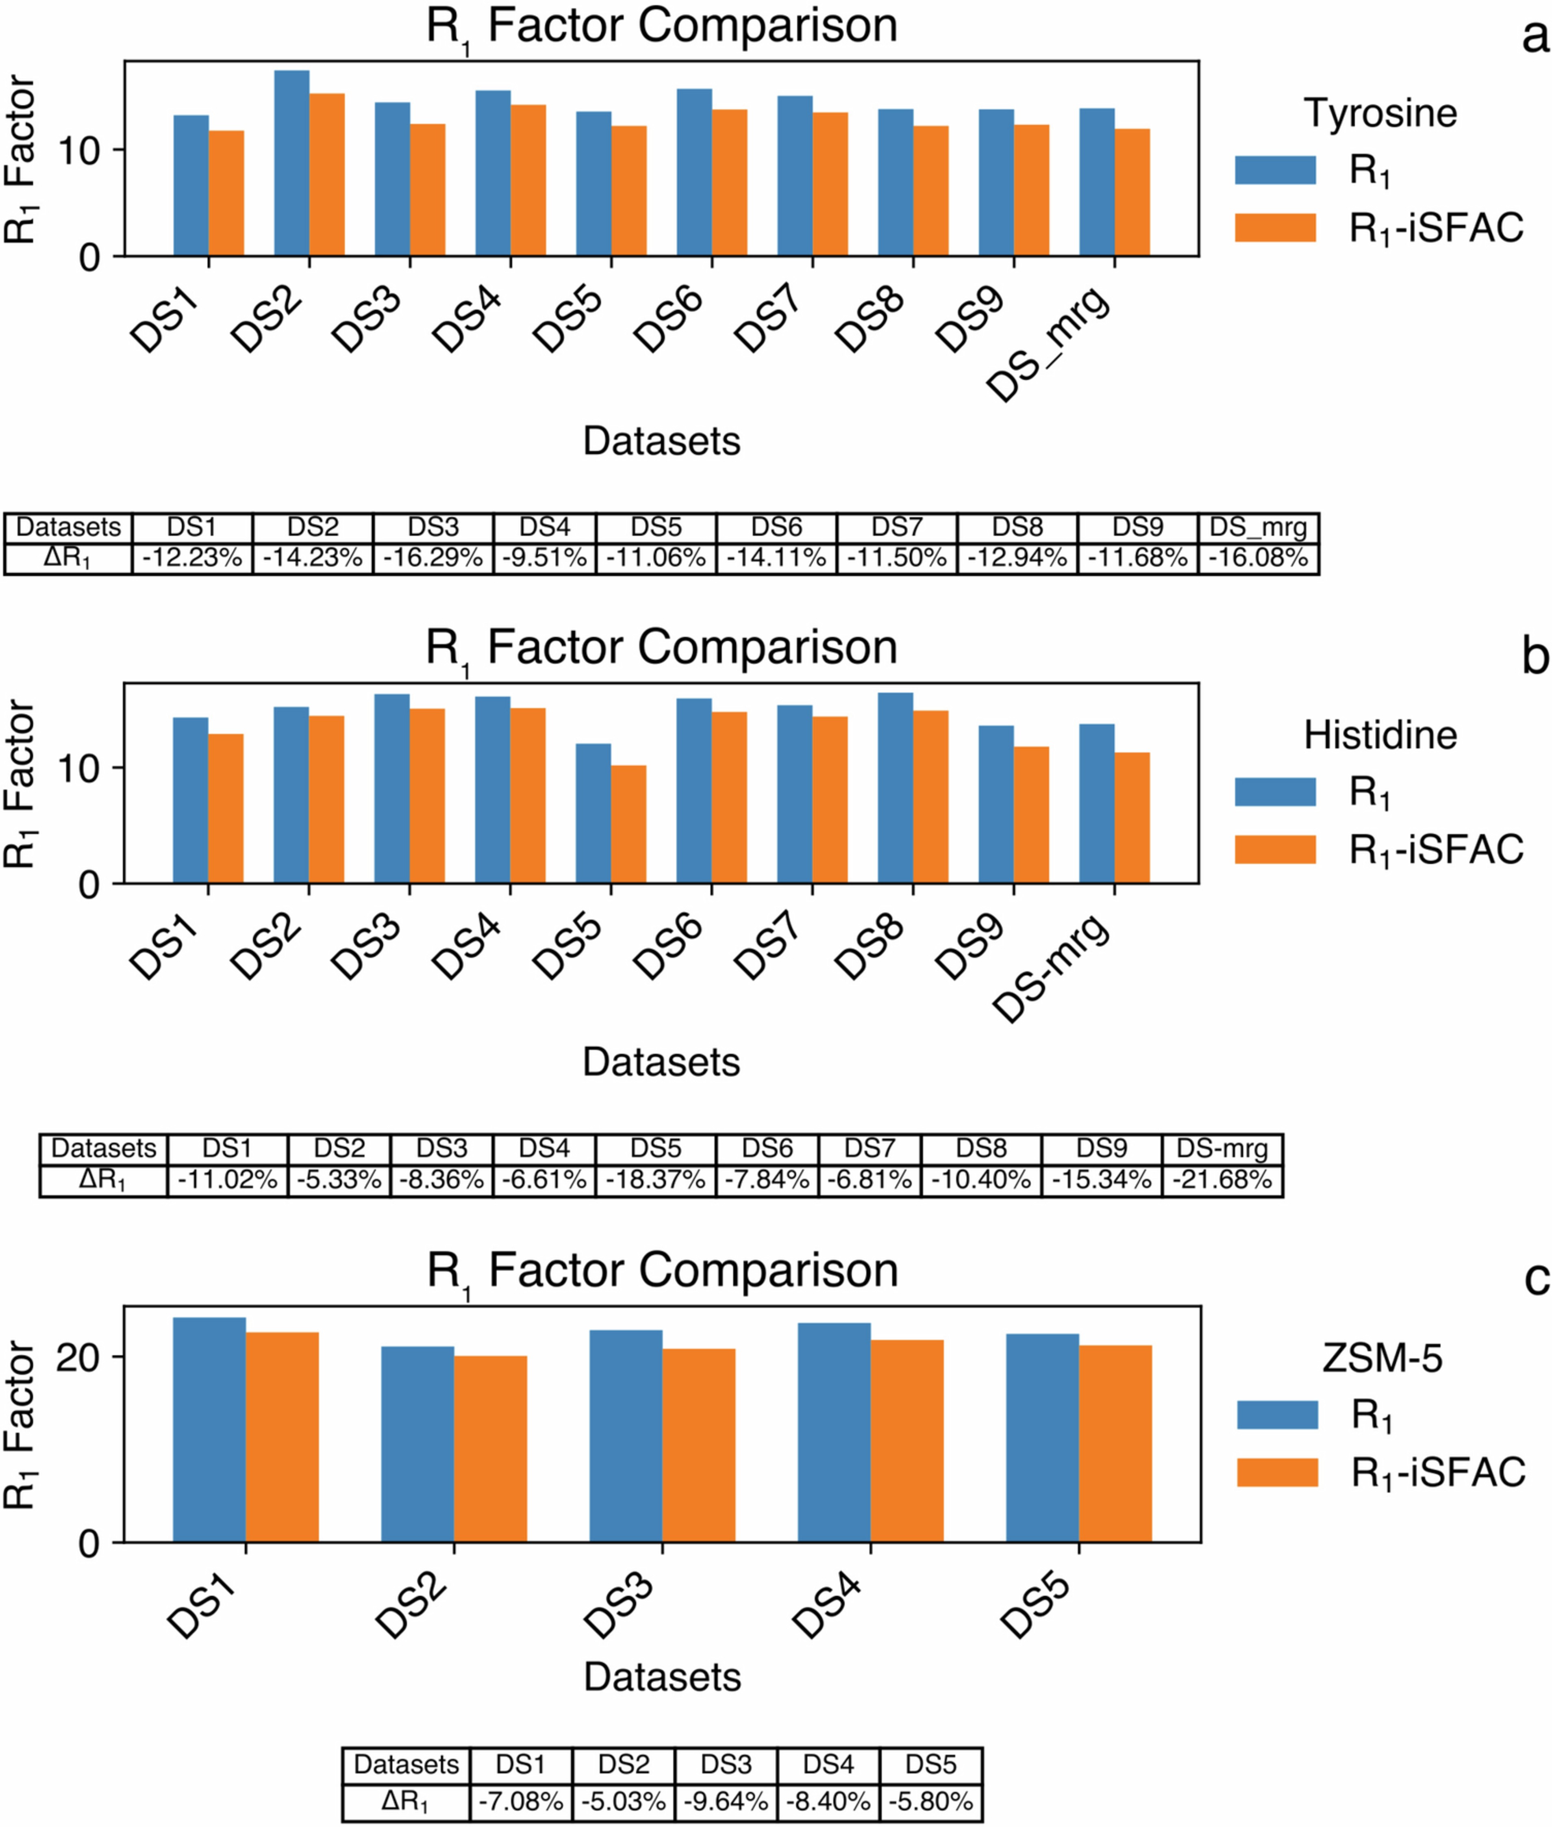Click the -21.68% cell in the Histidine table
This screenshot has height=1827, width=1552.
pyautogui.click(x=1222, y=1180)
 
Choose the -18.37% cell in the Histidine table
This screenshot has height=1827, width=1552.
pyautogui.click(x=655, y=1180)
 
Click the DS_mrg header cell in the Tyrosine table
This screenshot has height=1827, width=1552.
pyautogui.click(x=1258, y=528)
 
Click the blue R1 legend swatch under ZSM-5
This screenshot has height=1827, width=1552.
pyautogui.click(x=1277, y=1415)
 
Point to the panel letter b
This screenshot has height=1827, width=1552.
pyautogui.click(x=1535, y=656)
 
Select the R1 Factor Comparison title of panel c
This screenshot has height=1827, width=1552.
pyautogui.click(x=662, y=1272)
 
